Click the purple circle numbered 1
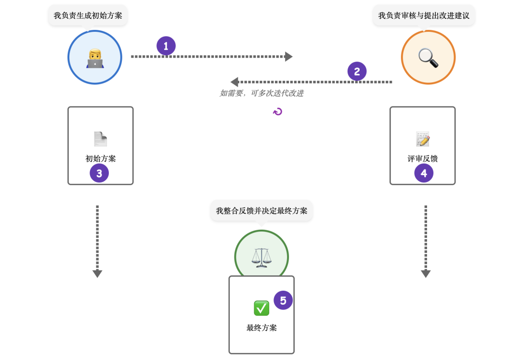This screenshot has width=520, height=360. [166, 46]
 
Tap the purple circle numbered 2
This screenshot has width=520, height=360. [357, 72]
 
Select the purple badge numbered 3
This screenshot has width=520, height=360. [99, 173]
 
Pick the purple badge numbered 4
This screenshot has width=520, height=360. [424, 173]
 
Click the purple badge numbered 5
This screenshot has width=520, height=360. [283, 300]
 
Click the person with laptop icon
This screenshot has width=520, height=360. [95, 58]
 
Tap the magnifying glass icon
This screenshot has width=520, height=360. [428, 58]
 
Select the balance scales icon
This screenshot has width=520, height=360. [261, 257]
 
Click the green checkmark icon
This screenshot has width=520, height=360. [261, 308]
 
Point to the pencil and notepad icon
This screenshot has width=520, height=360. [423, 139]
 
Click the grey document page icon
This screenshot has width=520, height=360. [100, 139]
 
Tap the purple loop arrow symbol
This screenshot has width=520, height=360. [277, 112]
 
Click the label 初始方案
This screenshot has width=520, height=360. [101, 158]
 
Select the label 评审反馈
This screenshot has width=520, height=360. [423, 158]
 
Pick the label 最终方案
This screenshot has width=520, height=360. [261, 328]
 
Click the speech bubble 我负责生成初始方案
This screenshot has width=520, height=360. [88, 15]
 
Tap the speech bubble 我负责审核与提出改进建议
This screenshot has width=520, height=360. [424, 15]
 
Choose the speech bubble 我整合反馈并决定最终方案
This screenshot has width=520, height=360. [261, 211]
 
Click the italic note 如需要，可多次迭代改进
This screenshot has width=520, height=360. [261, 93]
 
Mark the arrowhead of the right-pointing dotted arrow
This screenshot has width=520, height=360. [289, 57]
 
